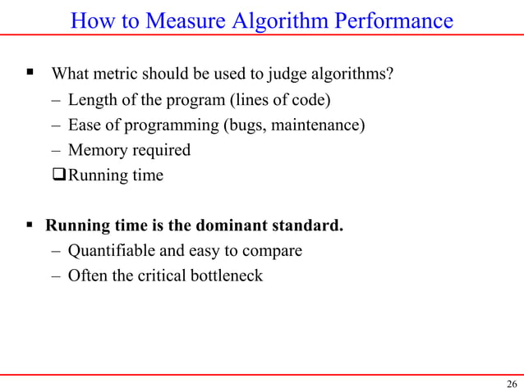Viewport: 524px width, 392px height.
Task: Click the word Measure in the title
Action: tap(187, 21)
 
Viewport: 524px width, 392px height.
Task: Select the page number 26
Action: tap(512, 385)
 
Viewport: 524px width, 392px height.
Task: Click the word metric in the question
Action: tap(118, 75)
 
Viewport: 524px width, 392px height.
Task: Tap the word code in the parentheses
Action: tap(316, 101)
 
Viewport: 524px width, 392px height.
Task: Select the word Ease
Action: tap(85, 125)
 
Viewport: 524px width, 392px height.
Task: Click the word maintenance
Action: tap(318, 125)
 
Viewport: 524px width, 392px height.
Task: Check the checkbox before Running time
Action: tap(59, 175)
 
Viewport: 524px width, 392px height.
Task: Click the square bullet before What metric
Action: tap(29, 73)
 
